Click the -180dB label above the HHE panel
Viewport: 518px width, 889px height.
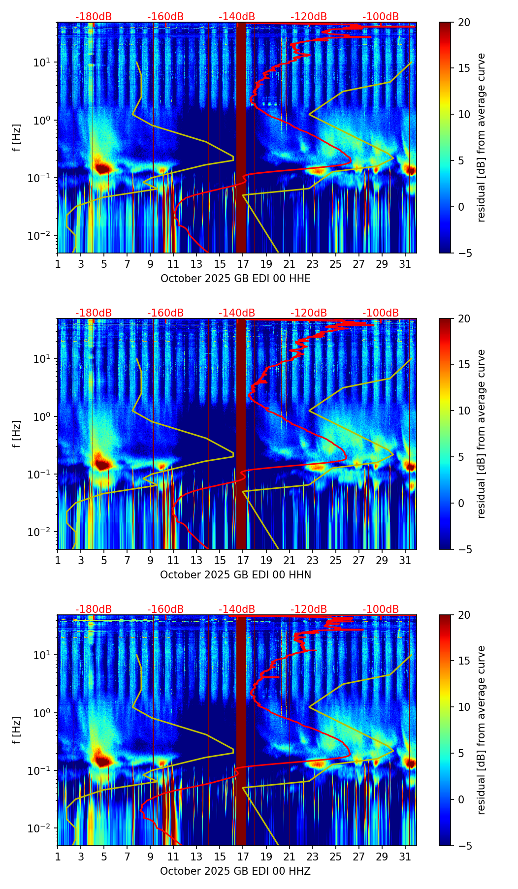(94, 17)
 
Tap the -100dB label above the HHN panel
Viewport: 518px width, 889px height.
(381, 313)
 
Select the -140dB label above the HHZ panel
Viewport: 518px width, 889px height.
(237, 609)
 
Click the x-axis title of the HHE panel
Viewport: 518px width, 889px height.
(235, 279)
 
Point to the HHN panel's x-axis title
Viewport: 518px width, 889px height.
(235, 575)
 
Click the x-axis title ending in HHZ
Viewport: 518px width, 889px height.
(235, 871)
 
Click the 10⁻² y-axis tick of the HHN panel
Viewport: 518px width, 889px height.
(44, 532)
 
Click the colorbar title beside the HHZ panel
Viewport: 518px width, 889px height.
(481, 730)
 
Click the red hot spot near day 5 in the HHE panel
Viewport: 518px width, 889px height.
(102, 168)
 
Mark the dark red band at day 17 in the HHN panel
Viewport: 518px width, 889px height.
(241, 433)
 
